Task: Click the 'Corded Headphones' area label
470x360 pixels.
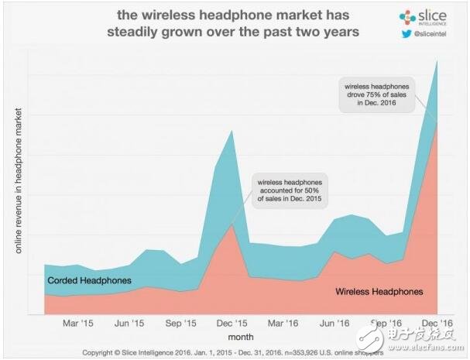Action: pos(89,280)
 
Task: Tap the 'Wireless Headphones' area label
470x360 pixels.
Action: pos(379,292)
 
